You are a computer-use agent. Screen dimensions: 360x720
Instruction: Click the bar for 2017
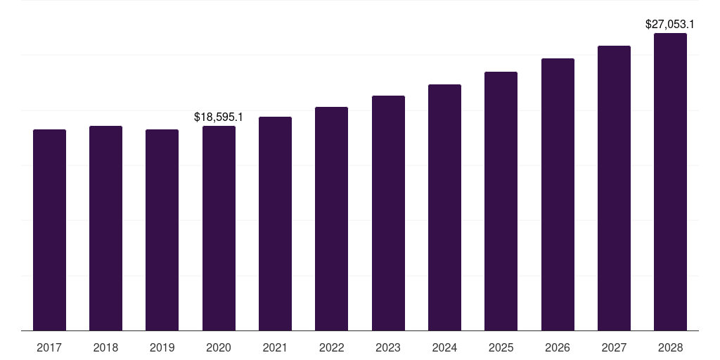(49, 230)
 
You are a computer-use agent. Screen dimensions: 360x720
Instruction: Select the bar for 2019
(162, 230)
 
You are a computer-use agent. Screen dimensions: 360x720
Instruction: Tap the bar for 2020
(219, 228)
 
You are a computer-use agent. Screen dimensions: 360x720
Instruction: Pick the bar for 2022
(331, 219)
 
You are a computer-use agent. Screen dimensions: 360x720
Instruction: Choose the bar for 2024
(444, 207)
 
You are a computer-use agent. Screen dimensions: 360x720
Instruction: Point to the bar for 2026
(558, 194)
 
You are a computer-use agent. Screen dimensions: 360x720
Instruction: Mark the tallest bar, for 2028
(670, 181)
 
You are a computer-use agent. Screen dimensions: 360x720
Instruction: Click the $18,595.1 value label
(219, 117)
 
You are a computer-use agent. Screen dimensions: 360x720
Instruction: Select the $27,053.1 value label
(670, 25)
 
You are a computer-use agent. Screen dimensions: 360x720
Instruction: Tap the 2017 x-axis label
(49, 347)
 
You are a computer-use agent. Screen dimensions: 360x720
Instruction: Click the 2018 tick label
(105, 347)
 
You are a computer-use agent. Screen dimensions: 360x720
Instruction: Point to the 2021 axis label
(275, 347)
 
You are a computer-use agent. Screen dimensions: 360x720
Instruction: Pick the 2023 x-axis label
(388, 347)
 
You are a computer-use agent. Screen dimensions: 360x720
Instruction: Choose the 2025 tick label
(501, 347)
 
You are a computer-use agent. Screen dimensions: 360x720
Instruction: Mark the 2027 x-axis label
(614, 347)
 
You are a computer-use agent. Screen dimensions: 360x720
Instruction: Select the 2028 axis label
(670, 347)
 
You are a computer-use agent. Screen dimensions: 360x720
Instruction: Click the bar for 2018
(105, 228)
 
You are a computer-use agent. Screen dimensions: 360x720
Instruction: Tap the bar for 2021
(275, 224)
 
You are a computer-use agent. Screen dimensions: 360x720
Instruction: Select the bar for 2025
(501, 201)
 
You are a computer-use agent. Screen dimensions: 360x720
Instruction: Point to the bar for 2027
(614, 188)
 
